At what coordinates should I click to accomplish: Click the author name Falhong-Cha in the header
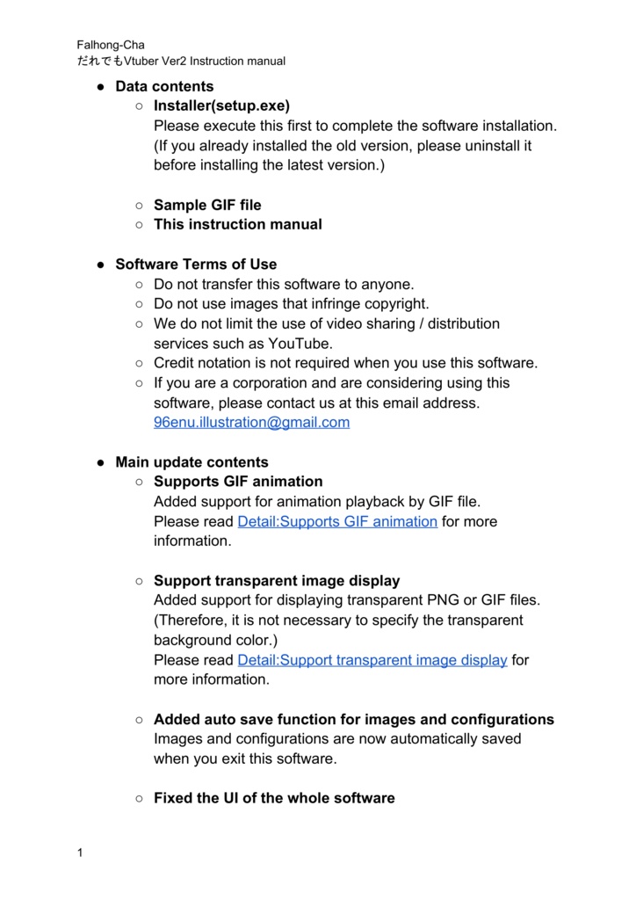(111, 45)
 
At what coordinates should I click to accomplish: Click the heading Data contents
(164, 86)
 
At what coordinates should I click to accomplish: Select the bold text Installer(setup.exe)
(221, 106)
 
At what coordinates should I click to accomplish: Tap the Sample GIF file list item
(207, 205)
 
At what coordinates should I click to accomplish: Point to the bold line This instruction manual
(238, 224)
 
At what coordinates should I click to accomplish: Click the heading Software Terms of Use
(196, 264)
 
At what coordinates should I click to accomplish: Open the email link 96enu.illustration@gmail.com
(251, 422)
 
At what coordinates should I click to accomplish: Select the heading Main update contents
(192, 461)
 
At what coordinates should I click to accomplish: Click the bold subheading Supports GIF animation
(238, 482)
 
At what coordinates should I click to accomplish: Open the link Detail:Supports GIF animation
(337, 521)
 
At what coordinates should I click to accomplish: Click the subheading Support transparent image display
(277, 581)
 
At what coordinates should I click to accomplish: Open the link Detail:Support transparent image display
(372, 660)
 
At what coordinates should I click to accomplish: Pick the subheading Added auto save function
(354, 719)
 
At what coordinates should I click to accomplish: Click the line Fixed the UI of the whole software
(274, 798)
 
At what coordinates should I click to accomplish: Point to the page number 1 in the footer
(80, 853)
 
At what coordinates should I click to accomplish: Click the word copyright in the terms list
(397, 303)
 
